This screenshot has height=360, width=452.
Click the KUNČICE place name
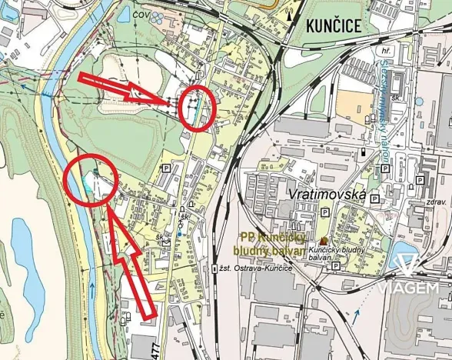(x=333, y=25)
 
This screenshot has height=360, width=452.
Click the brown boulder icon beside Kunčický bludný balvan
(x=324, y=240)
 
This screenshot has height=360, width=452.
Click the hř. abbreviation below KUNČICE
(x=385, y=52)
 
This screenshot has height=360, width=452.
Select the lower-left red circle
(x=90, y=182)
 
